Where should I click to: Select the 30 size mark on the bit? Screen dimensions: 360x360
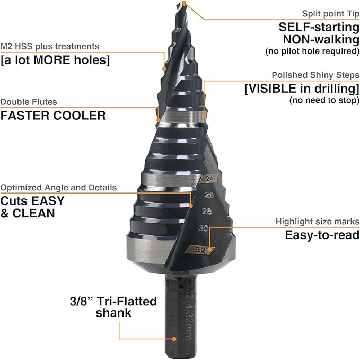coord(202,229)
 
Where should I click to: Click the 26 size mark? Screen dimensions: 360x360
coord(209,195)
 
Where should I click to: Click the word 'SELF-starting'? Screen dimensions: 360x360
coord(320,27)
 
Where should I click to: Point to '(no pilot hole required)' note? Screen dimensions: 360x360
coord(313,51)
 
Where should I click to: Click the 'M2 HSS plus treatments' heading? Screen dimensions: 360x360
coord(50,47)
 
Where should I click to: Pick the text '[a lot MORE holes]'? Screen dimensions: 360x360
coord(55,60)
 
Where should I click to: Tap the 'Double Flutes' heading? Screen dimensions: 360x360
coord(29,102)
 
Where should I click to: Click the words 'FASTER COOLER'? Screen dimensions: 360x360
coord(53,115)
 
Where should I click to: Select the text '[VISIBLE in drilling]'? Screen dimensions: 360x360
coord(302,89)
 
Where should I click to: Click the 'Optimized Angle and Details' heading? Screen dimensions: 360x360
coord(58,188)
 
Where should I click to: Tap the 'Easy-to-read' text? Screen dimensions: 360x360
coord(322,235)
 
